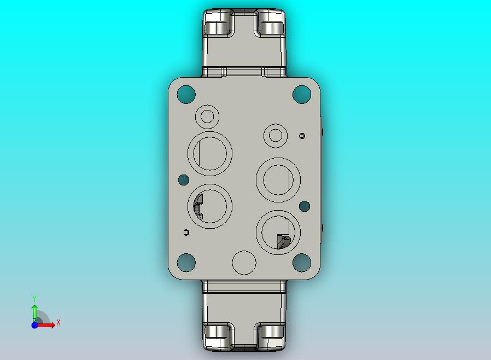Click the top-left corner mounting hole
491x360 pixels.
point(186,94)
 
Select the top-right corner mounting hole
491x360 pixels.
point(301,94)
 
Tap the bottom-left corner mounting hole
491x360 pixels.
point(186,263)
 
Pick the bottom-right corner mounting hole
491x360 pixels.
point(301,263)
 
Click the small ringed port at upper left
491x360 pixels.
point(207,116)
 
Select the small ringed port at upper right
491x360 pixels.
point(276,136)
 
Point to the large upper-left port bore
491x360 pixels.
point(211,154)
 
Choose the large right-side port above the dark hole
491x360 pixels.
point(278,179)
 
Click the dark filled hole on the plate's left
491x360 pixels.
point(184,179)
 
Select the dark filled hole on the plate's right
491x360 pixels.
point(305,206)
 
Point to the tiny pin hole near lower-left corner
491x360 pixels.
point(186,233)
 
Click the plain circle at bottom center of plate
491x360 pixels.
point(244,263)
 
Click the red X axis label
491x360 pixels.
point(59,323)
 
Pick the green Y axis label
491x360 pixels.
point(34,298)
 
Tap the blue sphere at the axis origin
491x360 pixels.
point(34,325)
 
